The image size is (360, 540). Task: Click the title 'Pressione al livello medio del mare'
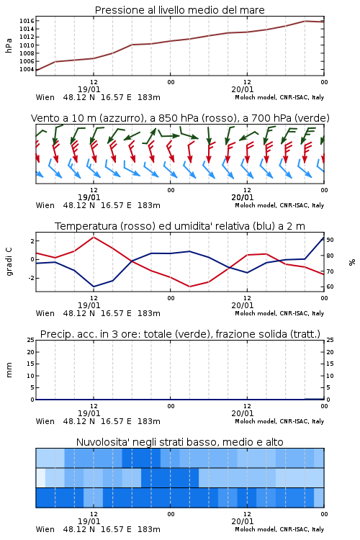coord(179,10)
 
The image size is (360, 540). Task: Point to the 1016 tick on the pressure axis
coord(27,21)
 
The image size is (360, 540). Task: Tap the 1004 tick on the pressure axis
coord(27,69)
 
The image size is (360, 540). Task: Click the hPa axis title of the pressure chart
coord(9,45)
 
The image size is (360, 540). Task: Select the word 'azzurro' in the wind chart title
coord(121,118)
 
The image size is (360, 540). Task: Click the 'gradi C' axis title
coord(9,261)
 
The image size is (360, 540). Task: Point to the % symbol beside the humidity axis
coord(352,262)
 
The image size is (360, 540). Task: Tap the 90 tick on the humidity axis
coord(330,240)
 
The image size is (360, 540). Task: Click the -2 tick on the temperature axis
coord(31,278)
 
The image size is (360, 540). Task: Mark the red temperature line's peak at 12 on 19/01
coord(94,237)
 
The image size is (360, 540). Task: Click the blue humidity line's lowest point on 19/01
coord(94,287)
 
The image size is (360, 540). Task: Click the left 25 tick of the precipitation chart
coord(31,340)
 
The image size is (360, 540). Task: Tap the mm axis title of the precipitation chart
coord(9,369)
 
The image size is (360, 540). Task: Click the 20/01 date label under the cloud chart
coord(243,521)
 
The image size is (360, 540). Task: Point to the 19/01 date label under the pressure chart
coord(89,89)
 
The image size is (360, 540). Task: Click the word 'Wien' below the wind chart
coord(45,206)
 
